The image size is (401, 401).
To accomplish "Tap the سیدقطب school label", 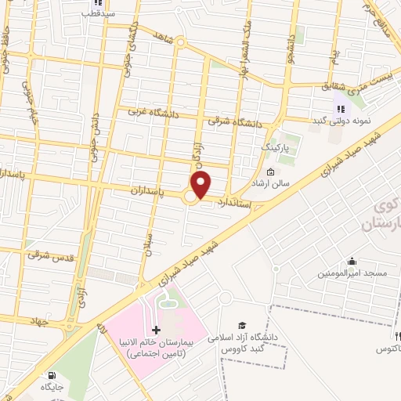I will pyautogui.click(x=101, y=14).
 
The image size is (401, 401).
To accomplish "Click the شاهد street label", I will pyautogui.click(x=163, y=38).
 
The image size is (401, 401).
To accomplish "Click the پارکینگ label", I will pyautogui.click(x=274, y=146).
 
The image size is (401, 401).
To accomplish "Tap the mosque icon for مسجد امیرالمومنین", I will pyautogui.click(x=352, y=262).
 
